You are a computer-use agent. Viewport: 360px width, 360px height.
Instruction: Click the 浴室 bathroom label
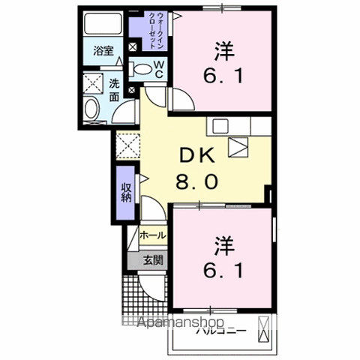pyautogui.click(x=103, y=51)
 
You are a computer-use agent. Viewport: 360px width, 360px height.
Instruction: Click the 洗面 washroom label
pyautogui.click(x=114, y=90)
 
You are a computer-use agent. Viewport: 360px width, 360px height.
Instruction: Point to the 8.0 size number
pyautogui.click(x=197, y=180)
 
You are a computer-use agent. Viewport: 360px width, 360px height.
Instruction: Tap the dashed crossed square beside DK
pyautogui.click(x=127, y=143)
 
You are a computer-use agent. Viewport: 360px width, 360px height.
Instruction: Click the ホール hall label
pyautogui.click(x=153, y=235)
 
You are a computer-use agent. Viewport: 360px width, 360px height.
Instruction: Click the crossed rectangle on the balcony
pyautogui.click(x=264, y=329)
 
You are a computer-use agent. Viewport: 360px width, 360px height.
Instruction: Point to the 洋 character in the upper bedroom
pyautogui.click(x=222, y=52)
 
